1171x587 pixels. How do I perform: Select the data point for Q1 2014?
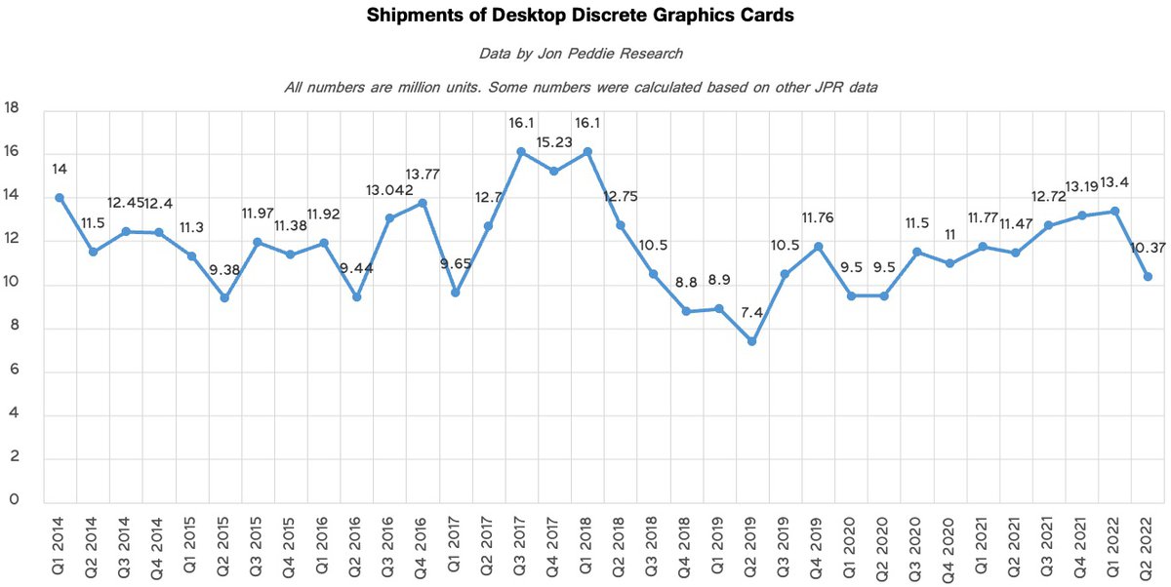point(60,197)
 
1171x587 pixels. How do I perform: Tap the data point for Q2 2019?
point(751,341)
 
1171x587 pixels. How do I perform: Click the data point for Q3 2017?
point(521,151)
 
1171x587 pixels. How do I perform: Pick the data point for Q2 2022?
point(1148,277)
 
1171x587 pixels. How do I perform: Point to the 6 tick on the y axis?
point(13,372)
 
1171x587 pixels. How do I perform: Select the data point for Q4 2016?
point(422,203)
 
